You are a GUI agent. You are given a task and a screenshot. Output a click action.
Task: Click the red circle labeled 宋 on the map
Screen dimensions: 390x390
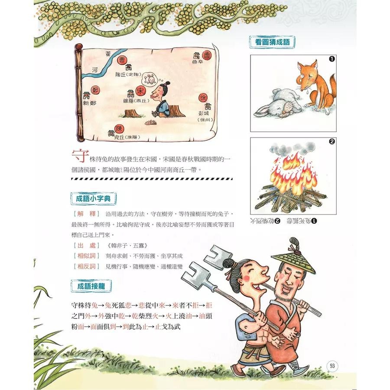(140, 90)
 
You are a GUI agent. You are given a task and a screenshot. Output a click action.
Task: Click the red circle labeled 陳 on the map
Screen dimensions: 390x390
(120, 128)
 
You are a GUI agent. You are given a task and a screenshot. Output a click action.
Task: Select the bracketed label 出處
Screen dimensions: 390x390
(84, 246)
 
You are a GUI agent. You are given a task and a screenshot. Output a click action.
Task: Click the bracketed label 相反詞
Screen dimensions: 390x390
(84, 266)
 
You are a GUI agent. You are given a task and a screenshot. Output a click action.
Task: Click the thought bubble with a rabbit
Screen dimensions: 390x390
(150, 79)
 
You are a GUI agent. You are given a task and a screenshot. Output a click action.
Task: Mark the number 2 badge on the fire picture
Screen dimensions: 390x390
(331, 142)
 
